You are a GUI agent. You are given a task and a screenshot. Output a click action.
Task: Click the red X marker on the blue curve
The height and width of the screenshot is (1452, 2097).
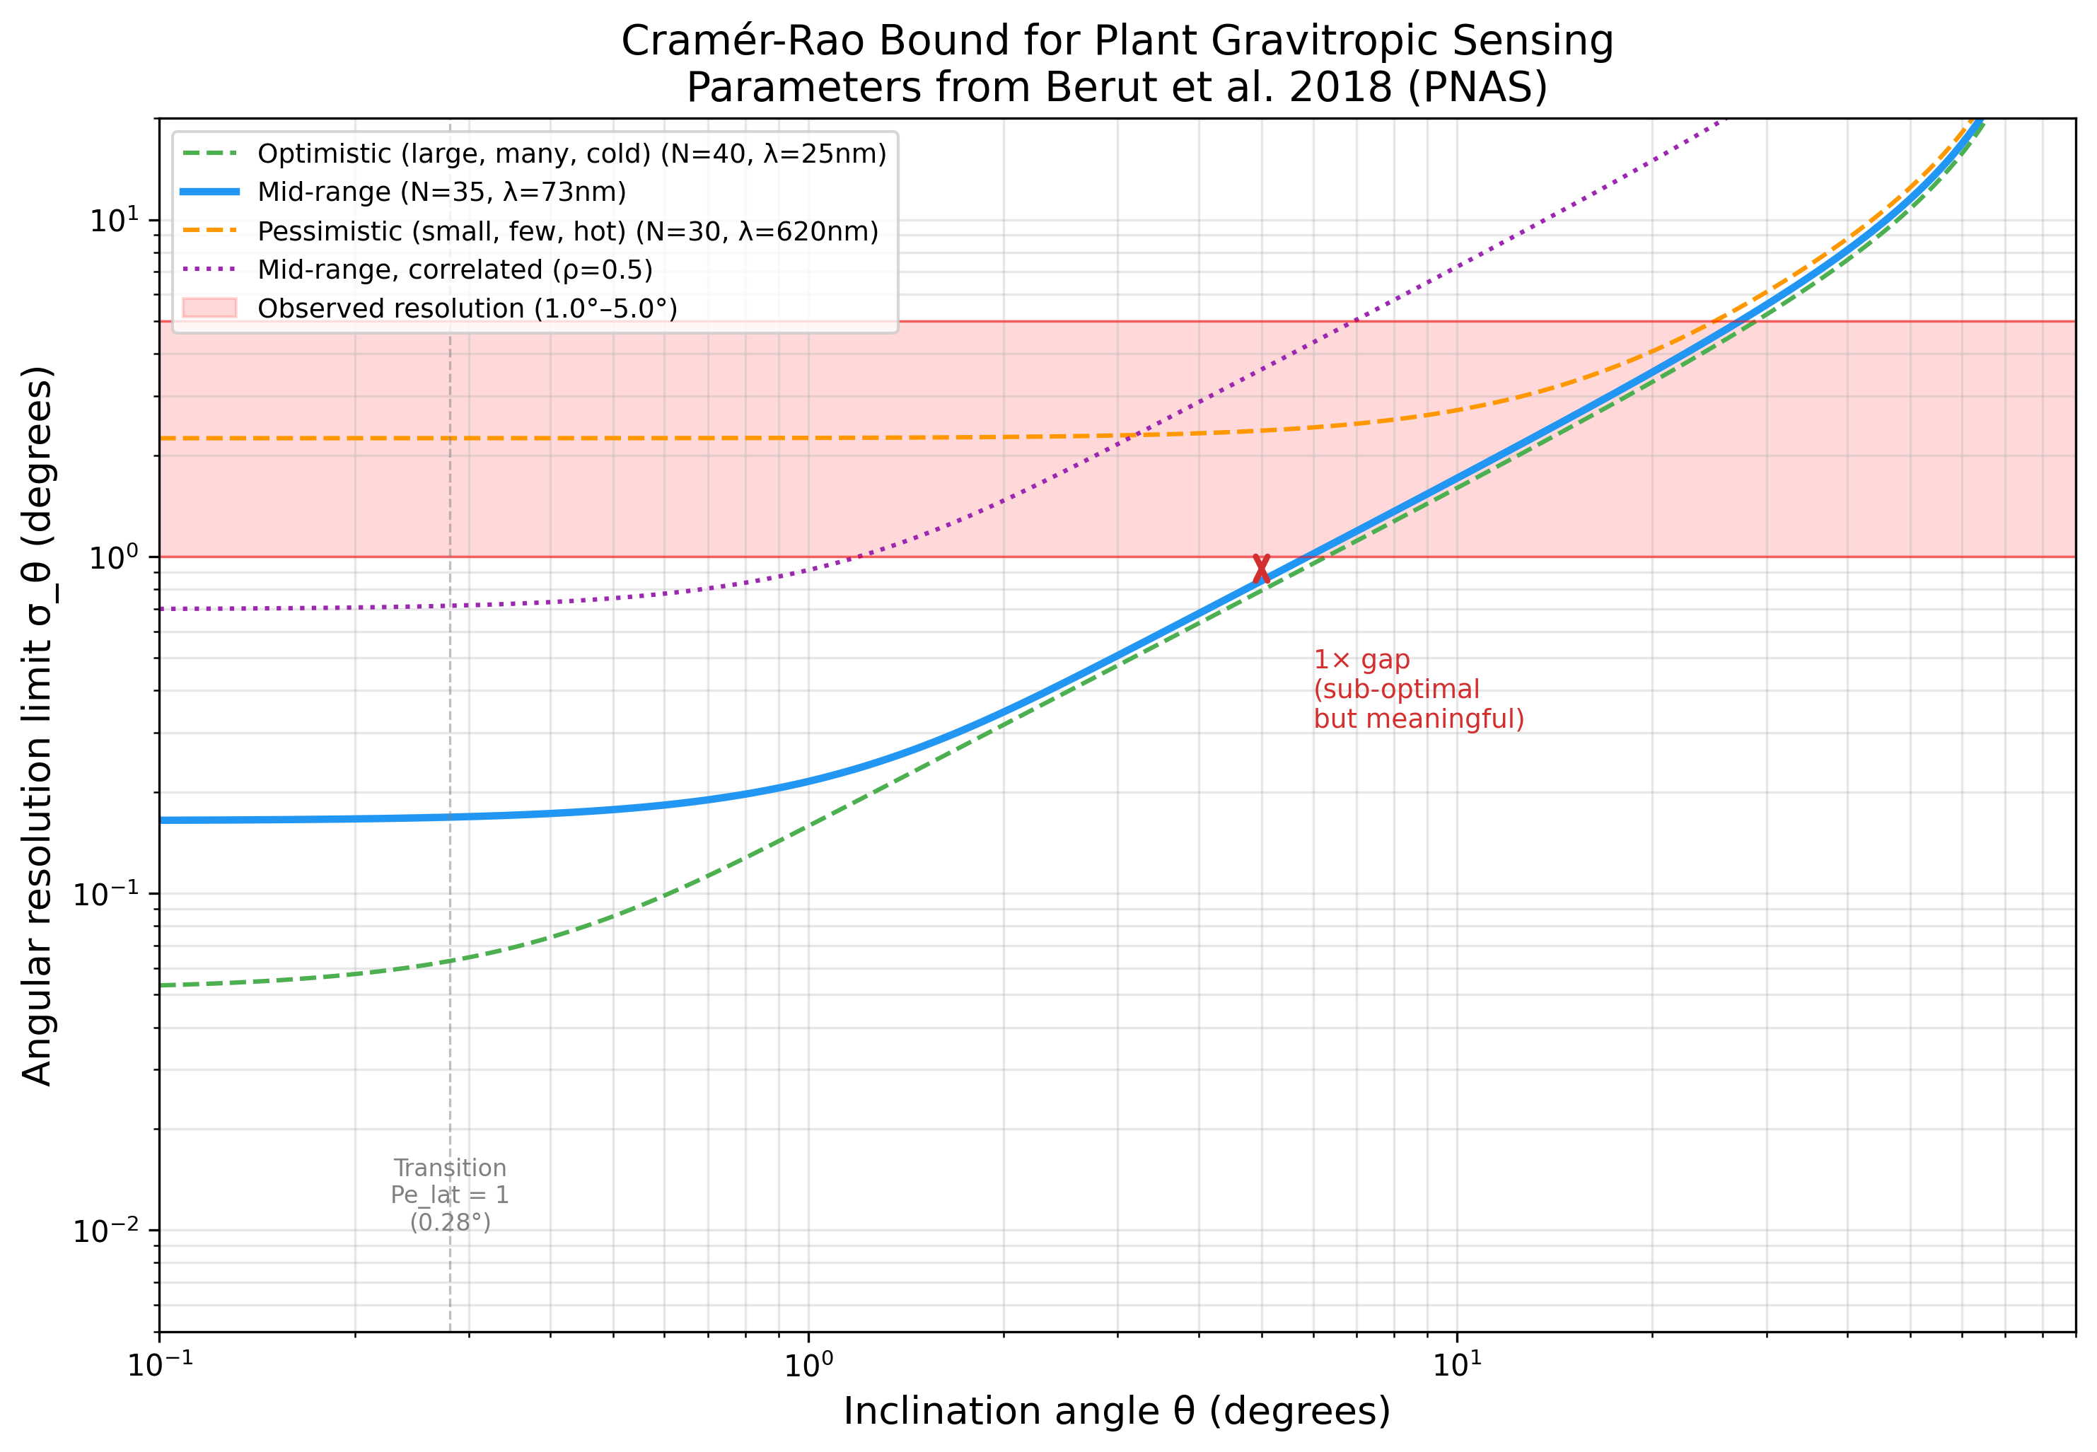[1261, 569]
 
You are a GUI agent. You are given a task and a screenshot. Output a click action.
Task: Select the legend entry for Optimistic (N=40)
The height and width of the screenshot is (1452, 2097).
[571, 153]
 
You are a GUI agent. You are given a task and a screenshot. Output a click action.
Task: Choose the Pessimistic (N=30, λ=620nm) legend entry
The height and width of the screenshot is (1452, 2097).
[568, 231]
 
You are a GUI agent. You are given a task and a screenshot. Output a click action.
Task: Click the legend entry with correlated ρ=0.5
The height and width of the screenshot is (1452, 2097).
[455, 269]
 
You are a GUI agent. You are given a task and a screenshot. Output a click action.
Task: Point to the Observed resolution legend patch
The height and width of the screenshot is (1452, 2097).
[209, 308]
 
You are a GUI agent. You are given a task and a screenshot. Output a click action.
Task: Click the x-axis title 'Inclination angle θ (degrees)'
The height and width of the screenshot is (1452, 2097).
[1116, 1411]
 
